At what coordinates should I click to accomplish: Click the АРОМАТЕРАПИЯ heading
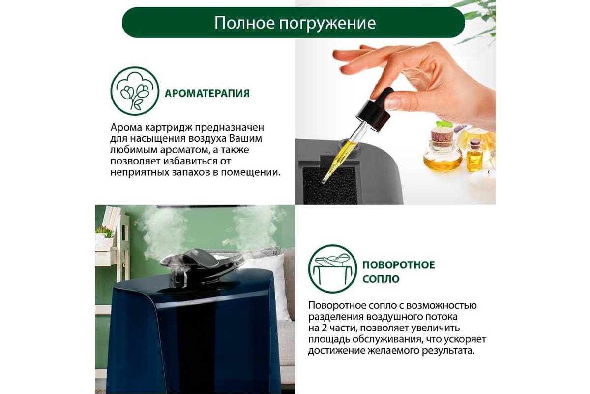pyautogui.click(x=207, y=94)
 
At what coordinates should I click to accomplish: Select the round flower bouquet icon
pyautogui.click(x=135, y=91)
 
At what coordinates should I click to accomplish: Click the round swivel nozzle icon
pyautogui.click(x=332, y=269)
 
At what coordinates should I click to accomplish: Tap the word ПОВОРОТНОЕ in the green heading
pyautogui.click(x=399, y=264)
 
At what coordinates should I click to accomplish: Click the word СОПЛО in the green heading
pyautogui.click(x=381, y=279)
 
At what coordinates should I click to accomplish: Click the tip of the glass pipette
pyautogui.click(x=323, y=181)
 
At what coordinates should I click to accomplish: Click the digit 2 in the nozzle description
pyautogui.click(x=324, y=328)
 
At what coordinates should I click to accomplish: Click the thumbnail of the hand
pyautogui.click(x=393, y=103)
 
